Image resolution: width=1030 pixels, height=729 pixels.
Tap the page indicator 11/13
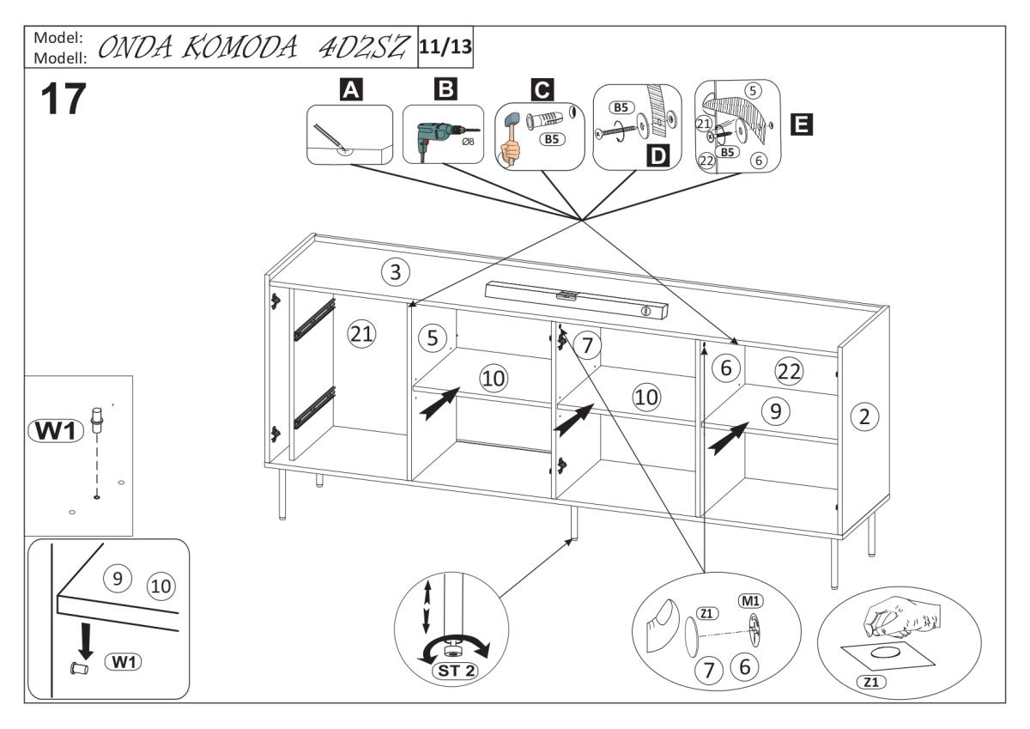(445, 46)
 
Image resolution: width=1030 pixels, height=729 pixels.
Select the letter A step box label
(349, 89)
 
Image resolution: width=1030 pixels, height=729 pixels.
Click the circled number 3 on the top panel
(395, 273)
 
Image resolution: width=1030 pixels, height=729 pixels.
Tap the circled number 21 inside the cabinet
(361, 334)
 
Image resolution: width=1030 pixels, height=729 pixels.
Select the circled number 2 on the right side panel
(864, 417)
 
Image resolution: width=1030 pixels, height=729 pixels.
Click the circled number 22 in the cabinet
(789, 372)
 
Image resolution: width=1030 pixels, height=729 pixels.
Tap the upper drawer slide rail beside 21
(312, 319)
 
